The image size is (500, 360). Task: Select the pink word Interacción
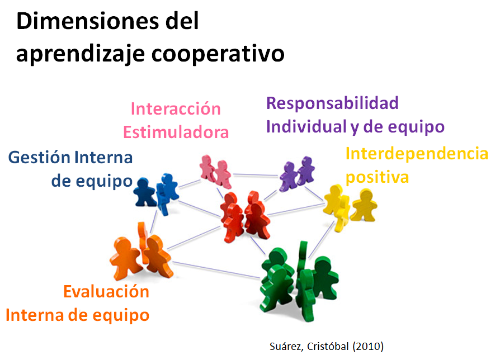pos(176,108)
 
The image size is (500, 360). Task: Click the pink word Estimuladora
pos(176,132)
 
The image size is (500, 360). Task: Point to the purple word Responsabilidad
pos(332,103)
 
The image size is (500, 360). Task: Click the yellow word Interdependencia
pos(417,153)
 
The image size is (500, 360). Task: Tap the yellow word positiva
pos(377,177)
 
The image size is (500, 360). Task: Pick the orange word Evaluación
pos(106,292)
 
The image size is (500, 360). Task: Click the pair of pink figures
pos(215,170)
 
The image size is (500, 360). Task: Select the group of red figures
pos(244,216)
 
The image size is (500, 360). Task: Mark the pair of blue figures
pos(156,191)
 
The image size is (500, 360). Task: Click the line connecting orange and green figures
pos(218,269)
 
